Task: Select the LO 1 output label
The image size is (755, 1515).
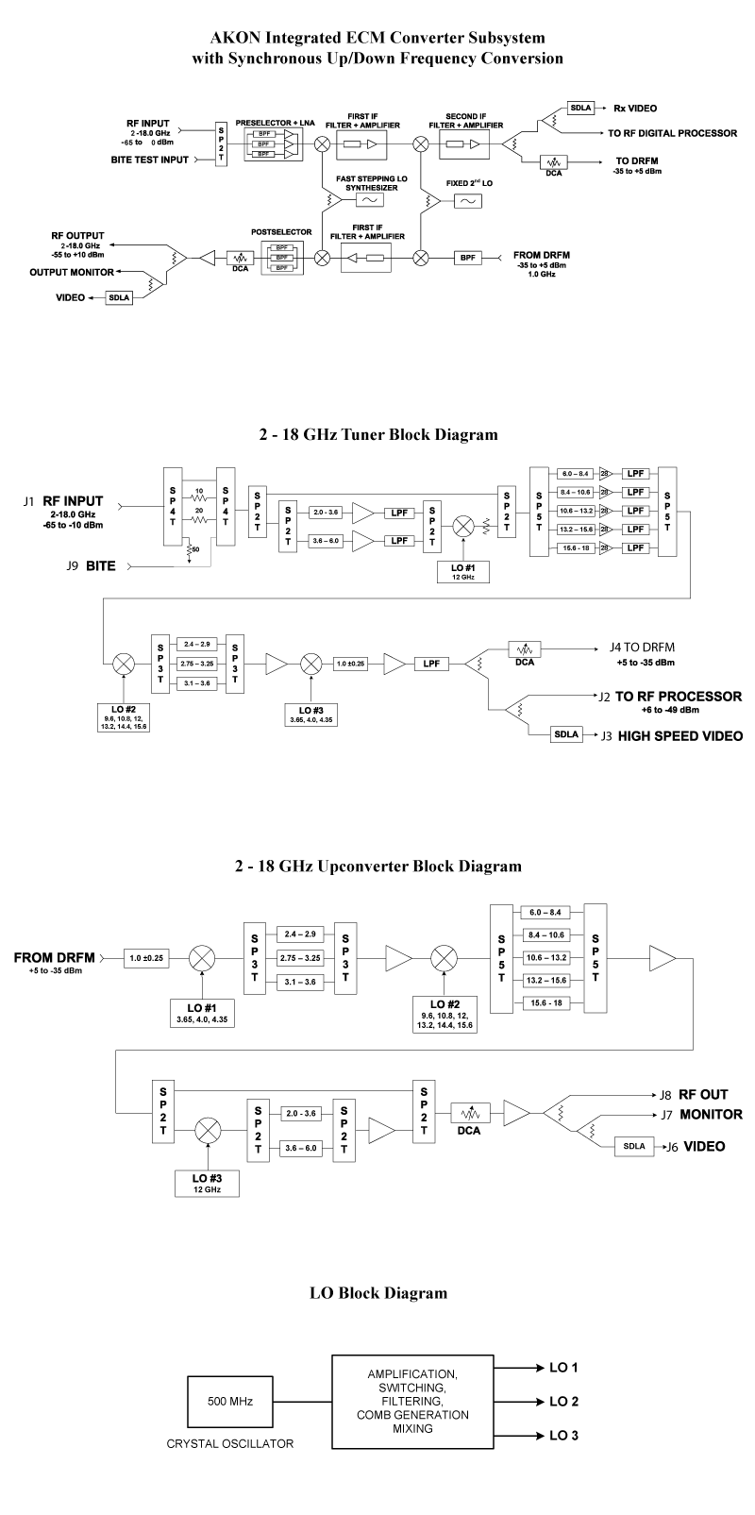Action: (563, 1367)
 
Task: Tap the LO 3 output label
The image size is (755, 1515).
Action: (563, 1436)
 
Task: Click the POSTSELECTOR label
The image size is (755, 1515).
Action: (275, 230)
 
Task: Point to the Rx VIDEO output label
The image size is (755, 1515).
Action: (635, 108)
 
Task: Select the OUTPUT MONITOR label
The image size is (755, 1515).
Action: (71, 273)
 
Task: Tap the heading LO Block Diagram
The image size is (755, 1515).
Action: (377, 1292)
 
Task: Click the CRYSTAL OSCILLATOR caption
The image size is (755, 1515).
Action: (229, 1443)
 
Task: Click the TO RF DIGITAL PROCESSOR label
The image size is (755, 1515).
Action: (673, 133)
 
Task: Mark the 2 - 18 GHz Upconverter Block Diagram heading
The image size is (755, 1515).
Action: (377, 865)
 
